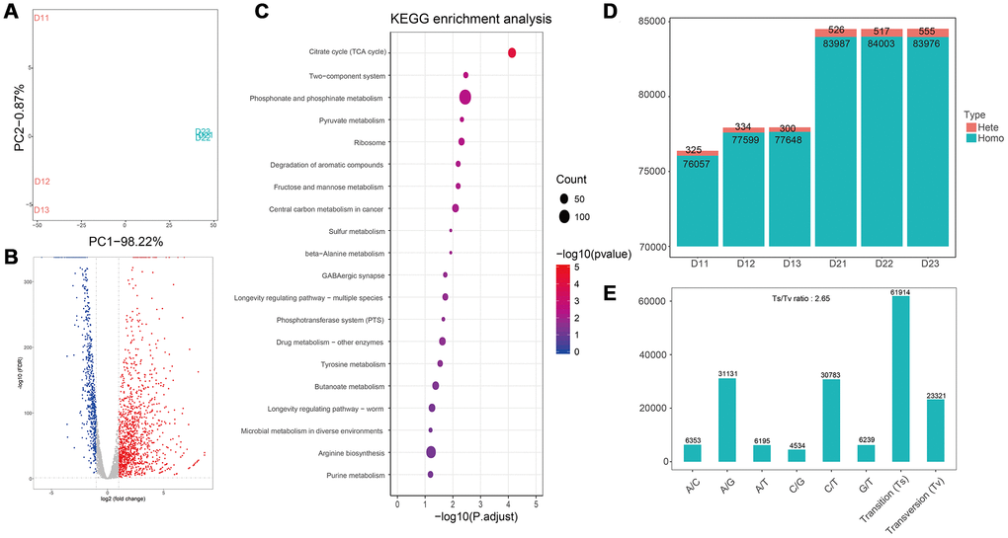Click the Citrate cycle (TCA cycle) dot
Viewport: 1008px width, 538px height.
coord(512,53)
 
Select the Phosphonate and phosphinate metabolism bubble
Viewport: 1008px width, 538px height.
coord(464,97)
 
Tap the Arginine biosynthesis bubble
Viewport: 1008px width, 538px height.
coord(431,452)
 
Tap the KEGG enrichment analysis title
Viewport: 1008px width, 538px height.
coord(460,18)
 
